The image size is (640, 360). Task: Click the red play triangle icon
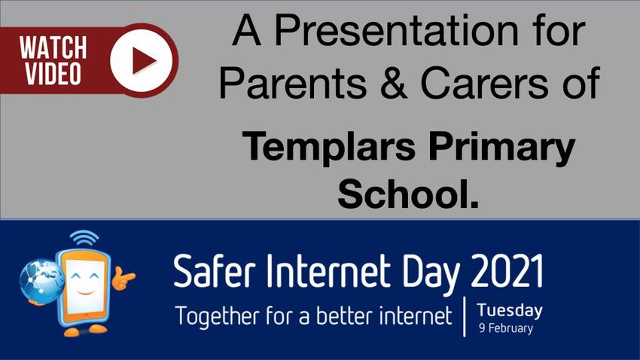click(142, 60)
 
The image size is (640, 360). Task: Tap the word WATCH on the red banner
click(53, 47)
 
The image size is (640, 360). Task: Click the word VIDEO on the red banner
click(53, 74)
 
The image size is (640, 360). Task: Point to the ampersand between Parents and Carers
click(393, 82)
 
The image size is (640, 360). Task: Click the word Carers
click(486, 83)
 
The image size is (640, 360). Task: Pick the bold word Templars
click(329, 147)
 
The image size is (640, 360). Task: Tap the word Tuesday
click(510, 310)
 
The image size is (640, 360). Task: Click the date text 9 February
click(506, 328)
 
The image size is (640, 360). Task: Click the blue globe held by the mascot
click(41, 280)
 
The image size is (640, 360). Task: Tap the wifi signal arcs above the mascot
click(84, 238)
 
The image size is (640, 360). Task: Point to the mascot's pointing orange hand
click(123, 278)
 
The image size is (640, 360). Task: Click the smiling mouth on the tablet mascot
click(86, 292)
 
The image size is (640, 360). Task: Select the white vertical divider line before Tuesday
click(465, 317)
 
